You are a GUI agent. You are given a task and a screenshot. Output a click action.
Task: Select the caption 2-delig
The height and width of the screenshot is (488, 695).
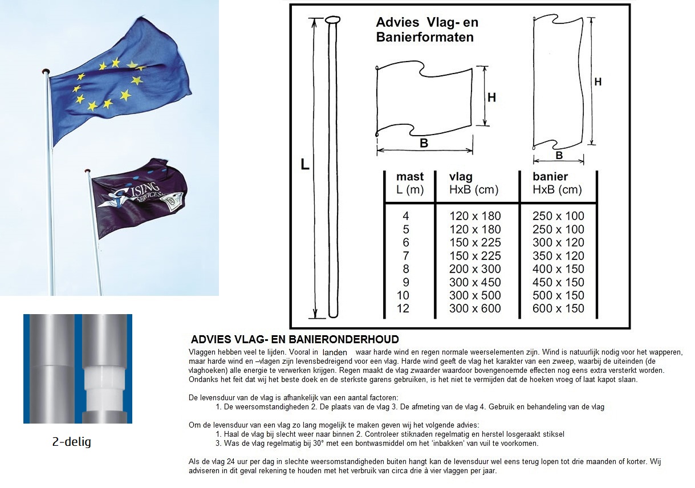point(71,442)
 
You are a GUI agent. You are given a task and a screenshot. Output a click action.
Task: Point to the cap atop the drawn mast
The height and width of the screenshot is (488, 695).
point(332,21)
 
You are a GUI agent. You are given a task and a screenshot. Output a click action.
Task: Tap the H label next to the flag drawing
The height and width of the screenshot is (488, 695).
point(491,97)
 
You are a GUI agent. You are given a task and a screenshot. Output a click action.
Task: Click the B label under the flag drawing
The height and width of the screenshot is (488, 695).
point(424,144)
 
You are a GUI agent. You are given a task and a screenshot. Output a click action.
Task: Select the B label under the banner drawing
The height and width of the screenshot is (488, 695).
point(559,155)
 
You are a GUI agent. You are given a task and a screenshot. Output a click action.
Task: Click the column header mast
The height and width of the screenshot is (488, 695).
point(410,177)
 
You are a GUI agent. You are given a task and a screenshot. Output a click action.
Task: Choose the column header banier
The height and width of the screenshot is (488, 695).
point(550,177)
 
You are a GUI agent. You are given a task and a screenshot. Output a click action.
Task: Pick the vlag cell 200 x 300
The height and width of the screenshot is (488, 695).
point(475,269)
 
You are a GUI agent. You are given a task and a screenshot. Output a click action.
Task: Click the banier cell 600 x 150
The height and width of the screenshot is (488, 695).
point(558,308)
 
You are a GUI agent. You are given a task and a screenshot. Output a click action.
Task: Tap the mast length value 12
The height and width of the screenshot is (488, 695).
point(406,308)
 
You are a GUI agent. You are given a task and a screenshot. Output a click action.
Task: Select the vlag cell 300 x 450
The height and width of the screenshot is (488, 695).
point(475,282)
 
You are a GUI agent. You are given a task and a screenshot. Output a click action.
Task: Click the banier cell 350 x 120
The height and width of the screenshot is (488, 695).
point(558,256)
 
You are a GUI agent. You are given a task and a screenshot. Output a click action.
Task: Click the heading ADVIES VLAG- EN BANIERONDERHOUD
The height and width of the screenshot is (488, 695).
point(295,340)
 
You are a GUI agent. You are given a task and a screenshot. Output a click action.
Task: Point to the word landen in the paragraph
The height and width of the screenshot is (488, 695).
point(335,353)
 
